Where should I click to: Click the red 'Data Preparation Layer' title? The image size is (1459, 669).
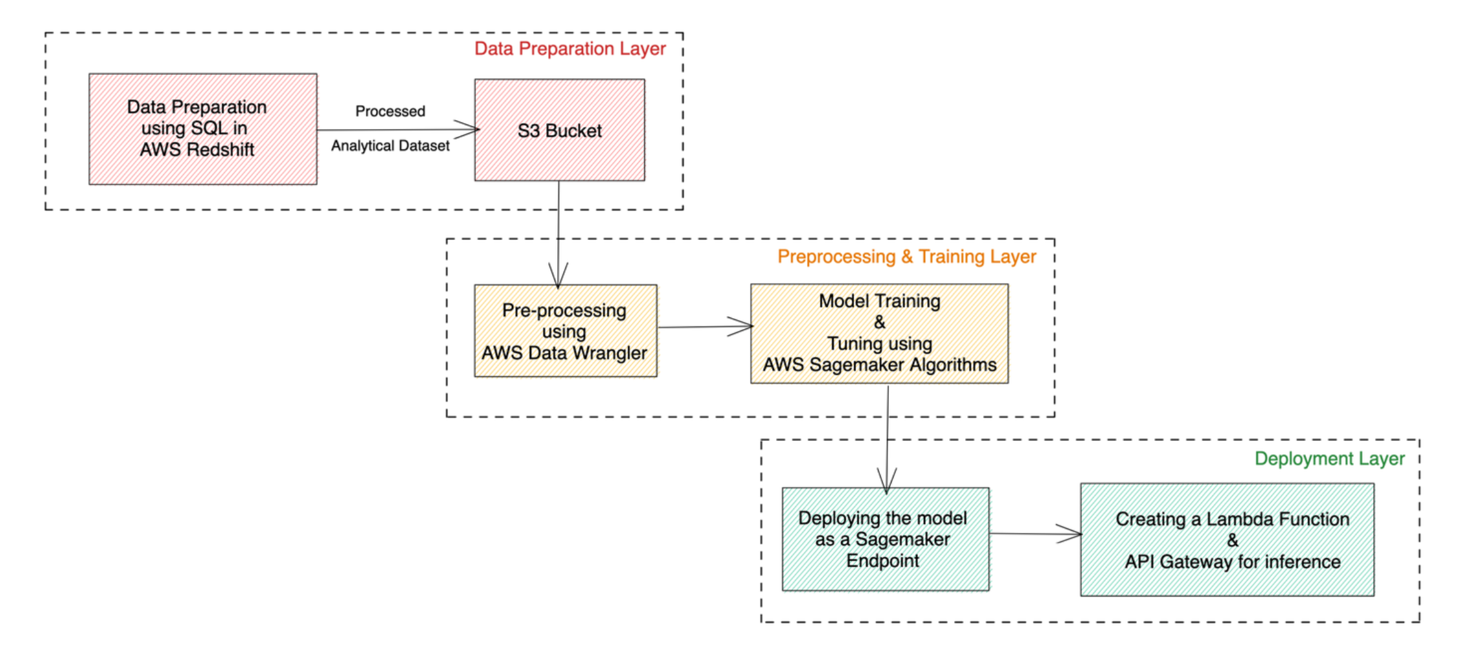569,49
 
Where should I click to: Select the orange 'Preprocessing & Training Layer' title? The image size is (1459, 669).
906,257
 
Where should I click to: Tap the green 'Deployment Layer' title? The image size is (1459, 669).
1329,459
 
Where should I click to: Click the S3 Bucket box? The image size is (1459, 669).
559,130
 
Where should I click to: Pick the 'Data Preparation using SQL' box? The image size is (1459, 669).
203,129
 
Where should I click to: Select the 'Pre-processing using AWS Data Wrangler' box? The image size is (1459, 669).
565,331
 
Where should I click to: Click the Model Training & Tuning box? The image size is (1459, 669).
879,334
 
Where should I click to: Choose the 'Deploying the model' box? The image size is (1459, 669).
885,539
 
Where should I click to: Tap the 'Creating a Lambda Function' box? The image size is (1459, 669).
1227,540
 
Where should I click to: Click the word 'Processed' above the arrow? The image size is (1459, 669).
390,112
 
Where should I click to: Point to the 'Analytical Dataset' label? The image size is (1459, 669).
390,146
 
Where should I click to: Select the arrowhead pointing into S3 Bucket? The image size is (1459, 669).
469,129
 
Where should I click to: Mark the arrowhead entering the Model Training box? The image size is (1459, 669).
744,326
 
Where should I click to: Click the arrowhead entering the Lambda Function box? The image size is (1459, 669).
1073,534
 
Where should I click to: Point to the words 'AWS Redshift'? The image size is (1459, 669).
197,150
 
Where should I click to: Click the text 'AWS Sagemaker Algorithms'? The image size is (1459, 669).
879,365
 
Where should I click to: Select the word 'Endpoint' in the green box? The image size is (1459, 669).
883,561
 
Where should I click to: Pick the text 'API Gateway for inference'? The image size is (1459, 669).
1232,562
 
